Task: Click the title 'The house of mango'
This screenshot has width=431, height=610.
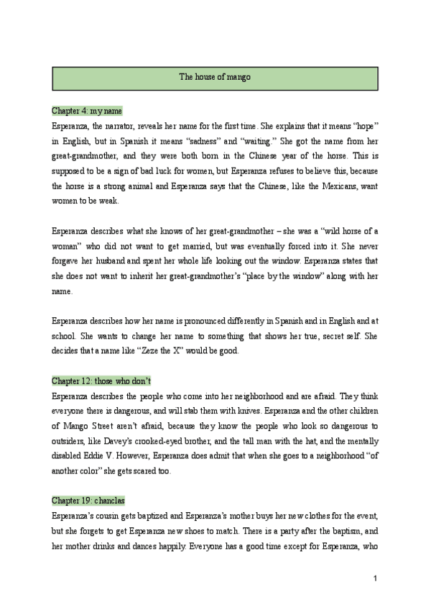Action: pyautogui.click(x=215, y=77)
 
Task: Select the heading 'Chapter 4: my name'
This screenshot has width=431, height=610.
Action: pyautogui.click(x=87, y=111)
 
